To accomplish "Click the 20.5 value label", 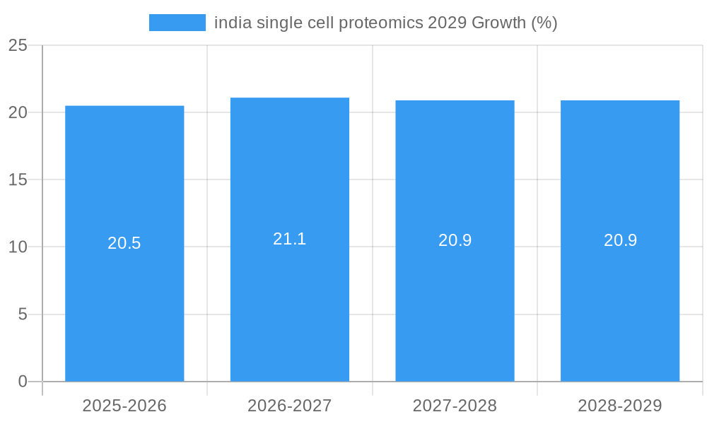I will pos(124,243).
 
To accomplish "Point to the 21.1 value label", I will pos(290,239).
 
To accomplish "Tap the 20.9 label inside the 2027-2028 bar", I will pos(455,240).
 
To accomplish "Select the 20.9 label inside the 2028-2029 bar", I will pos(620,240).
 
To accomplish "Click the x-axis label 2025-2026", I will pos(124,406).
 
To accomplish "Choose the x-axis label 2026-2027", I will pos(290,406).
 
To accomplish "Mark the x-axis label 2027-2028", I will pos(455,406).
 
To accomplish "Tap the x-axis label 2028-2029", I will pos(620,406).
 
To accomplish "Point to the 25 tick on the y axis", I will pos(18,45).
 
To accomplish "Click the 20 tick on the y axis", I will pos(18,112).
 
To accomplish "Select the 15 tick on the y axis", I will pos(18,179).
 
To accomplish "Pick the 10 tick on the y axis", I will pos(18,247).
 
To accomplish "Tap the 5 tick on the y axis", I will pos(23,314).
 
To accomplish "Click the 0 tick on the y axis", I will pos(23,382).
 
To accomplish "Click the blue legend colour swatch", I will pos(177,23).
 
